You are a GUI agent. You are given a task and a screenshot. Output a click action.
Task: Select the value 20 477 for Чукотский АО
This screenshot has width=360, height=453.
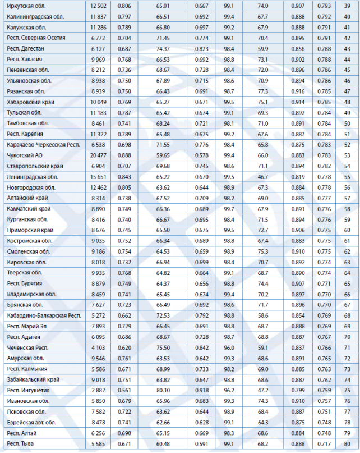[97, 155]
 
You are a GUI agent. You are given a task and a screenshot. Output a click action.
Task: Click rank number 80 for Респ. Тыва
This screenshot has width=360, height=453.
[347, 443]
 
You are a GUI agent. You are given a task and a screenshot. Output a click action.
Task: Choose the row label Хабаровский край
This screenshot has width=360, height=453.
[30, 102]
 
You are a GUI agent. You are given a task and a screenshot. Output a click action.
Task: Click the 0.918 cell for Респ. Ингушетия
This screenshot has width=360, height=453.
[201, 390]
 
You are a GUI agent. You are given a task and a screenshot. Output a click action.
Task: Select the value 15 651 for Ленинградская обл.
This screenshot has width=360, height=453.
[97, 177]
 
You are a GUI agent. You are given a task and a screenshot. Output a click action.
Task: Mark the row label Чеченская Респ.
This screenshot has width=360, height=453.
[28, 347]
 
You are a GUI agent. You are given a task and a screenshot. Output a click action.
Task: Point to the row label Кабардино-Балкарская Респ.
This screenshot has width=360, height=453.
[44, 315]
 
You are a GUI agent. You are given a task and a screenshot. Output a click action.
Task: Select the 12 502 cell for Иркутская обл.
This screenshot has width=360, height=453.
[97, 6]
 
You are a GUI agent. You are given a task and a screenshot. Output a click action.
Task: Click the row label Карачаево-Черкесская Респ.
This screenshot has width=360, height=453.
[43, 145]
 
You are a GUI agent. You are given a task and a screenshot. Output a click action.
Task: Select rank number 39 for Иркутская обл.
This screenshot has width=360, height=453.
[347, 6]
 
